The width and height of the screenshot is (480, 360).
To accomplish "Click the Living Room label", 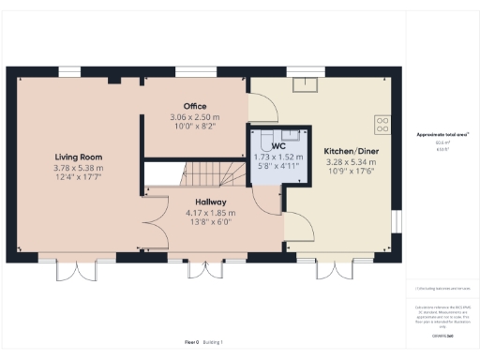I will (x=78, y=157).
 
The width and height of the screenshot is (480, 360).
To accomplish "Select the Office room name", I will (x=195, y=106).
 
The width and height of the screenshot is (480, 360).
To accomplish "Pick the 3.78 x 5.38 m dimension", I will (x=78, y=168).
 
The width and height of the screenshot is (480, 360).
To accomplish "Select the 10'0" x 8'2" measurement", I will (x=195, y=126).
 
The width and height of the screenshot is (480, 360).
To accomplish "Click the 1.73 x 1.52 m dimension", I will (x=277, y=157).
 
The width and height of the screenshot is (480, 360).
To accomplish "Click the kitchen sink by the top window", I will (x=305, y=86).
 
